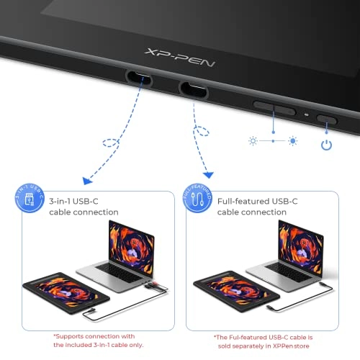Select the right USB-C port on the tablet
[x=194, y=89]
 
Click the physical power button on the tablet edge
[x=328, y=117]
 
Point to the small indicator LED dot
[x=307, y=114]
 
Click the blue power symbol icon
[x=328, y=143]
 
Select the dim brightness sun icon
[x=253, y=140]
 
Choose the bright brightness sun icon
[x=292, y=140]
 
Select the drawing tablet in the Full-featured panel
[x=227, y=292]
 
